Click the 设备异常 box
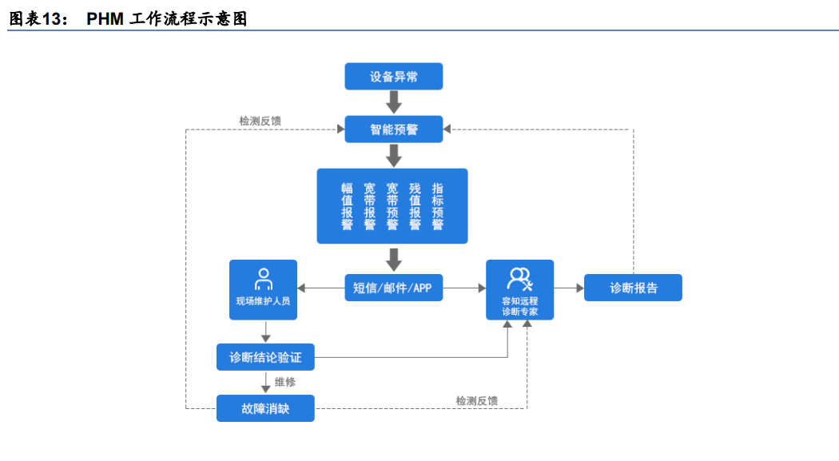coord(393,77)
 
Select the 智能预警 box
coord(393,129)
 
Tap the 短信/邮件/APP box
coord(393,288)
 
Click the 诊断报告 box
coord(633,288)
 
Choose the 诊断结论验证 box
coord(265,357)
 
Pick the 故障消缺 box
coord(265,408)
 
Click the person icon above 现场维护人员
coord(263,279)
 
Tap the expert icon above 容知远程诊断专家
coord(519,279)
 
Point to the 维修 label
coord(286,382)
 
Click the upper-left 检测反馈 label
coord(260,121)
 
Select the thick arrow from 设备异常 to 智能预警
coord(393,102)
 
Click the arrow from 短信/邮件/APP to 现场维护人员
coord(320,288)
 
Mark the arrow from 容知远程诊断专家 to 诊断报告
coord(568,288)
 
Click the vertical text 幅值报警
coord(347,206)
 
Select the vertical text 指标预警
coord(438,206)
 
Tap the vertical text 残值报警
coord(415,206)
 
